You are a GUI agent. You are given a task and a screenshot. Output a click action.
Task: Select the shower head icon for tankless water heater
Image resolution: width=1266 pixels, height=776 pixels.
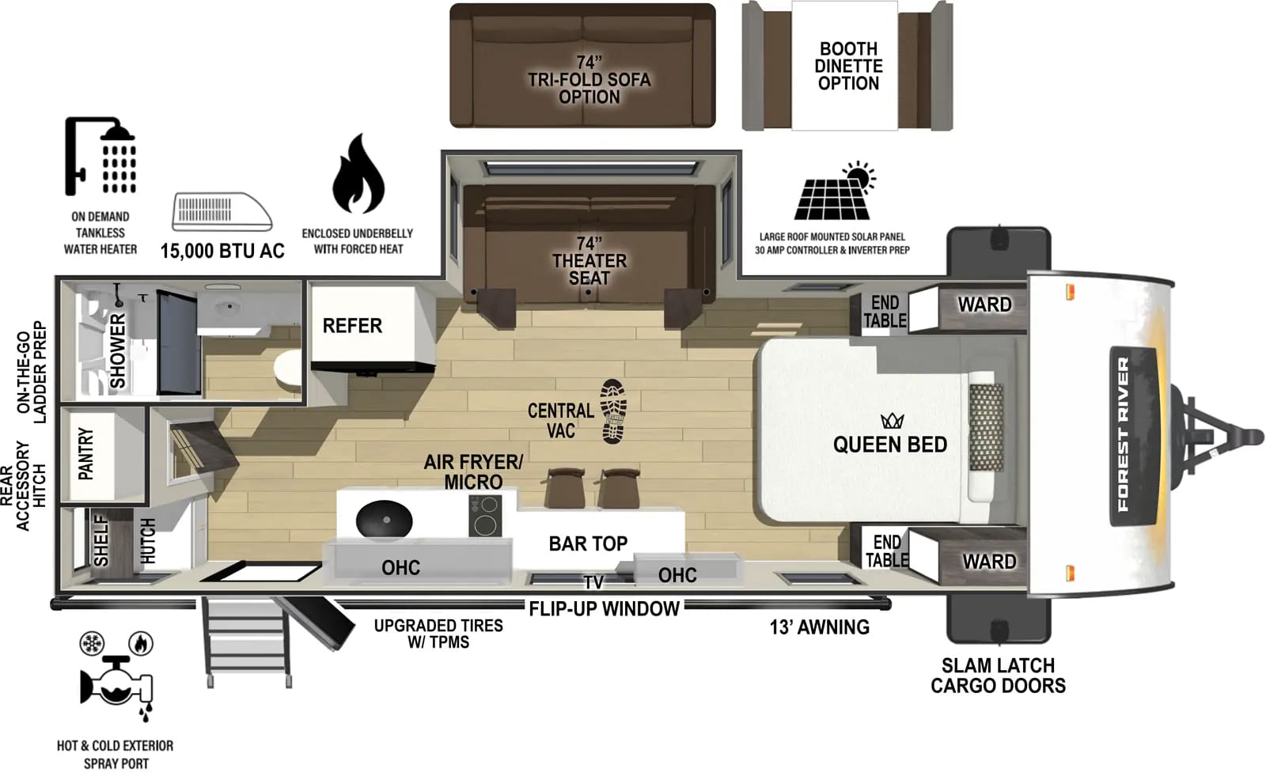100,156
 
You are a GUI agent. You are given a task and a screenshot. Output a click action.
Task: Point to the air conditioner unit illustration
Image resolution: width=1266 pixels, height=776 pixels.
222,211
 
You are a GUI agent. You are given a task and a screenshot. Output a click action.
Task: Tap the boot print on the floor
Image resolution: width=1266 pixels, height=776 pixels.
613,410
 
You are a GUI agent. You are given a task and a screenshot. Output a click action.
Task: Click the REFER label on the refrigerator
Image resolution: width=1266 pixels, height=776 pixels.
352,326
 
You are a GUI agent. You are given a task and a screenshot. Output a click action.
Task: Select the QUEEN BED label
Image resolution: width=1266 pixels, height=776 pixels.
889,445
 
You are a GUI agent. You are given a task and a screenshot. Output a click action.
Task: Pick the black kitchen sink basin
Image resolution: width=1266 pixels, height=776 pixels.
385,521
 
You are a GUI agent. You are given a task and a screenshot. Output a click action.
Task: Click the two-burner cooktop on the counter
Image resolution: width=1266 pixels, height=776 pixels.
485,515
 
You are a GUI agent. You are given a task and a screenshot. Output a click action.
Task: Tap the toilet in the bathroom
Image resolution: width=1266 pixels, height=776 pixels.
288,369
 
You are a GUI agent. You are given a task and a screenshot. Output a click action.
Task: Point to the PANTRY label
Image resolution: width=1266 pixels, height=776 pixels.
85,454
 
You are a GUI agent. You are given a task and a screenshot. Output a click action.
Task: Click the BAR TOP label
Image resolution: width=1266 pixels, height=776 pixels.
588,544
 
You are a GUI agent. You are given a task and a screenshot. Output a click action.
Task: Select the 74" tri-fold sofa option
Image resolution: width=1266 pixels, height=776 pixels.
582,66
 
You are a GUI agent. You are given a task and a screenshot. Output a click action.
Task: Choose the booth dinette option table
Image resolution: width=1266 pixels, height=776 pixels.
846,66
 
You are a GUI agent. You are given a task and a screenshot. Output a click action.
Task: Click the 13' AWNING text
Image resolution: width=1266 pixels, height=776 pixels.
819,627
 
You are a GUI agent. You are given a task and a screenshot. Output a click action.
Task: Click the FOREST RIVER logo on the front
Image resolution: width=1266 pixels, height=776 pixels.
1124,433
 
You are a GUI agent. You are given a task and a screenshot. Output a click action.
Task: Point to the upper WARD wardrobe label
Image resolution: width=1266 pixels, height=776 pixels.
984,305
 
